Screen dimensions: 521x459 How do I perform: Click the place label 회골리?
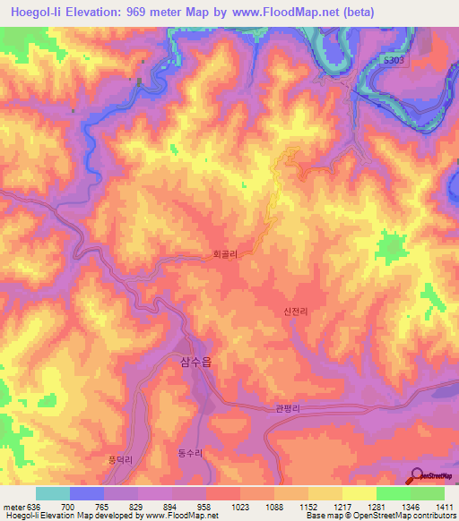coord(225,254)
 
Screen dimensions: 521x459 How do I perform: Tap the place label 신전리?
coord(295,312)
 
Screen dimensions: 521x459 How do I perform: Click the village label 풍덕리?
coord(119,459)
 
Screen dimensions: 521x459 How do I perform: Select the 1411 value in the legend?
coord(443,507)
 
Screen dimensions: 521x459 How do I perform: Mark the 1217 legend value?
coord(341,507)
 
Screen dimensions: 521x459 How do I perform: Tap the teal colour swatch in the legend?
coord(52,493)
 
